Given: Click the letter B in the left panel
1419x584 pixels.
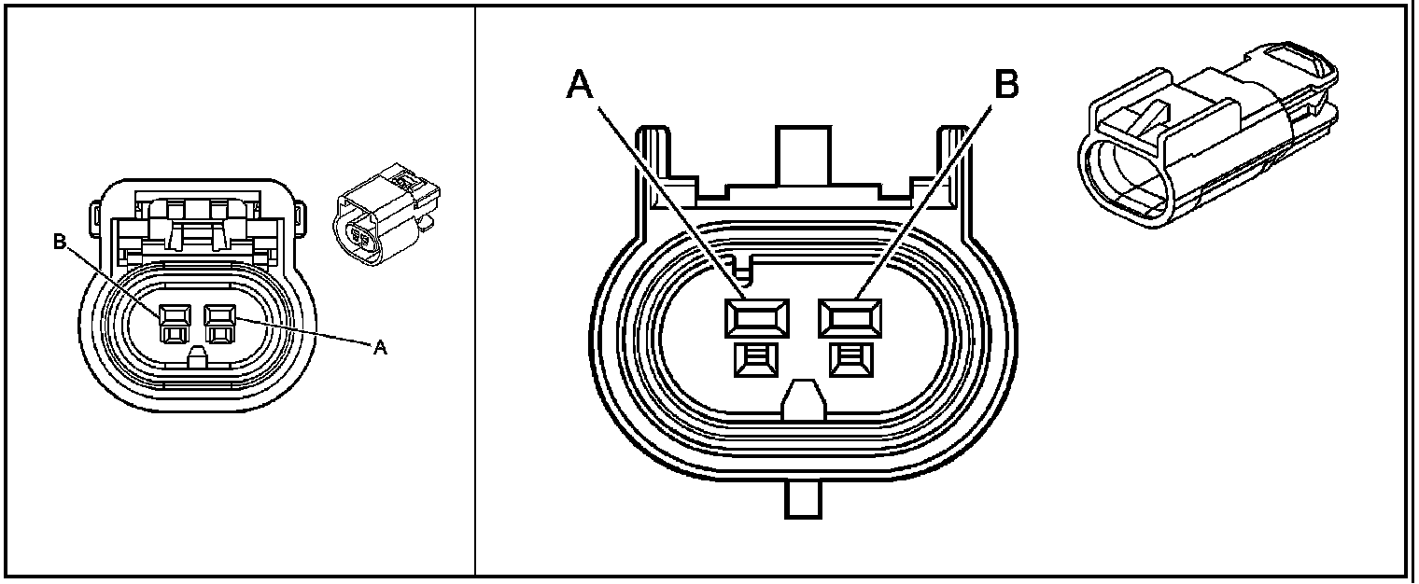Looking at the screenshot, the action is tap(59, 242).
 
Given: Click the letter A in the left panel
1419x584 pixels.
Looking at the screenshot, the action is tap(380, 348).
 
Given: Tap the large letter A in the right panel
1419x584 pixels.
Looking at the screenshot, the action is tap(580, 85).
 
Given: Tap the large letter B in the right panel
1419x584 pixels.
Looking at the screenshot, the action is tap(1005, 85).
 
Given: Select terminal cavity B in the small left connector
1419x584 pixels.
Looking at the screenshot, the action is tap(173, 323).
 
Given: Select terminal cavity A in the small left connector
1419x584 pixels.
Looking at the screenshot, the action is tap(218, 323).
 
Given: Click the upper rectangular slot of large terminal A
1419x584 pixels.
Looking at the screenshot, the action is tap(755, 318).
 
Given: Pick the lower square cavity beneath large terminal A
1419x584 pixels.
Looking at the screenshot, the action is tap(755, 359).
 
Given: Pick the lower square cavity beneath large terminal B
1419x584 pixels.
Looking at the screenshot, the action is tap(850, 359).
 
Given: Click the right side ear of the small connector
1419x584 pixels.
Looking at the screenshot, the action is tap(301, 216).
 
